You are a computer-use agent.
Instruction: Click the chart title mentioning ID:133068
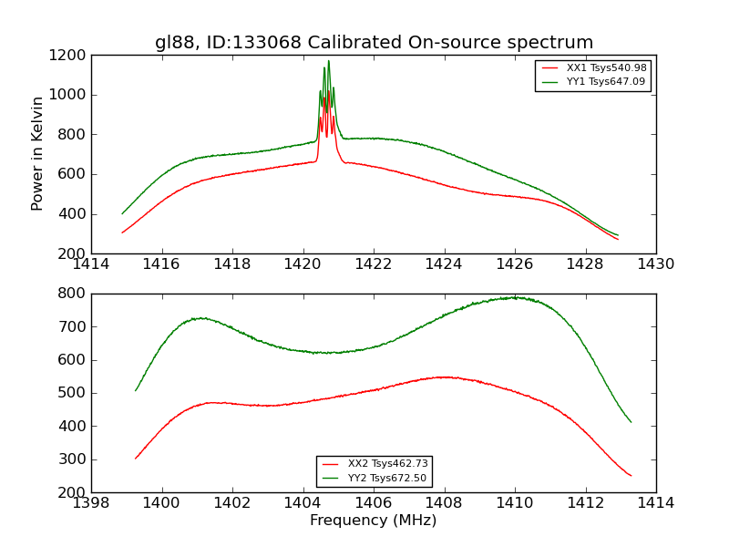[x=374, y=43]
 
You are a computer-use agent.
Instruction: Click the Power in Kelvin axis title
[x=37, y=153]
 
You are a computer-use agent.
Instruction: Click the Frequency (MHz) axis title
[x=374, y=521]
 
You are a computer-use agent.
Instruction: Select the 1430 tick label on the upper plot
[x=656, y=264]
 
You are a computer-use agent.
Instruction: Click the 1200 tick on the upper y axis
[x=70, y=56]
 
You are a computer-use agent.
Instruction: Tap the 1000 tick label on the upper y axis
[x=70, y=95]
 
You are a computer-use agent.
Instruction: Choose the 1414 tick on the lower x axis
[x=656, y=503]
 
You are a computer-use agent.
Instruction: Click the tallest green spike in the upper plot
[x=329, y=61]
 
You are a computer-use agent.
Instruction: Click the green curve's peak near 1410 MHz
[x=515, y=297]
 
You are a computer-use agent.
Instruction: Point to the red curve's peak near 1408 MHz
[x=444, y=377]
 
